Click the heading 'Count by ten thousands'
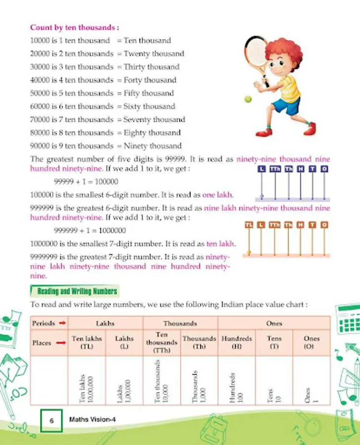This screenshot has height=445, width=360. pos(74,28)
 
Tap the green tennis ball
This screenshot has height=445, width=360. pos(248,99)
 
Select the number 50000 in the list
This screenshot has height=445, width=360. pos(41,93)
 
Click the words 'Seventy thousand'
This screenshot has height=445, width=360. pos(154,120)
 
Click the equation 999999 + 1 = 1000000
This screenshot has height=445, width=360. pos(90,230)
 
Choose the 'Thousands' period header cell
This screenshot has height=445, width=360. pos(180,323)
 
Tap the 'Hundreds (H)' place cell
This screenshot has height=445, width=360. pos(236,343)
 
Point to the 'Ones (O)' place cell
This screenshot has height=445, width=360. pos(312,343)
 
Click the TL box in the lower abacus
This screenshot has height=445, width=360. pos(249,225)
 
